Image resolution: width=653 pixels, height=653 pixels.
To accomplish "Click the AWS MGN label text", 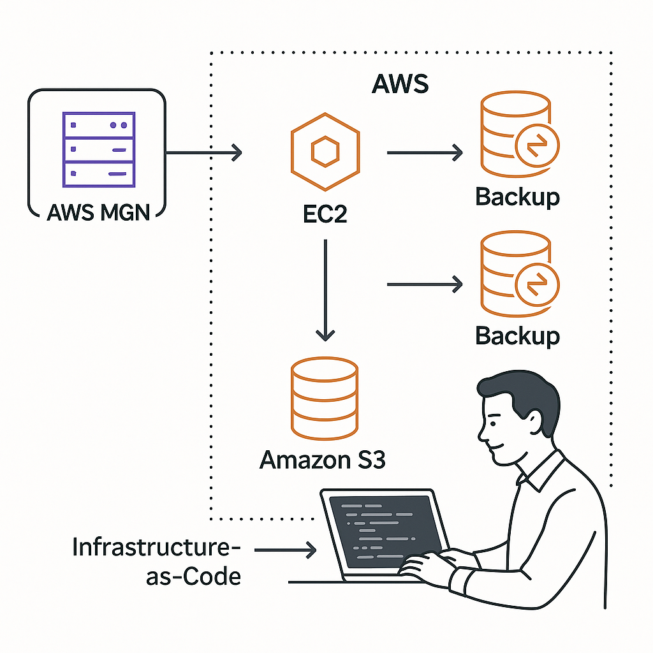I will (x=98, y=211).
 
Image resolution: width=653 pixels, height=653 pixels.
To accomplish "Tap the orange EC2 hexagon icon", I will (x=325, y=152).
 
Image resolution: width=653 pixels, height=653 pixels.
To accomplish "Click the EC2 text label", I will (x=325, y=214).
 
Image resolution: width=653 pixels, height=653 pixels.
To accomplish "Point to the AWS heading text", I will (x=400, y=83).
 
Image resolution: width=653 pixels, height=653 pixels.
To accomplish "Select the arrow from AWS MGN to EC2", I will (x=204, y=152).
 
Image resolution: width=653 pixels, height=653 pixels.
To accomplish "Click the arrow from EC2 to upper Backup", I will (x=425, y=152).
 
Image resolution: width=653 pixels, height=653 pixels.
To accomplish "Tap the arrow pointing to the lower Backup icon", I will (x=425, y=284).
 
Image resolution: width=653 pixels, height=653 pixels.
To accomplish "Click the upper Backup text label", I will (x=517, y=197).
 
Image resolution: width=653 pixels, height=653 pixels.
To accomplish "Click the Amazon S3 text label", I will (x=323, y=459).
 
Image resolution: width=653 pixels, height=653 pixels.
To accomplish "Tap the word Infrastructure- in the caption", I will (x=158, y=548).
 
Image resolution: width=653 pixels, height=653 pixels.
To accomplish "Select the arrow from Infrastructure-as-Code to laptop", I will (x=285, y=548).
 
